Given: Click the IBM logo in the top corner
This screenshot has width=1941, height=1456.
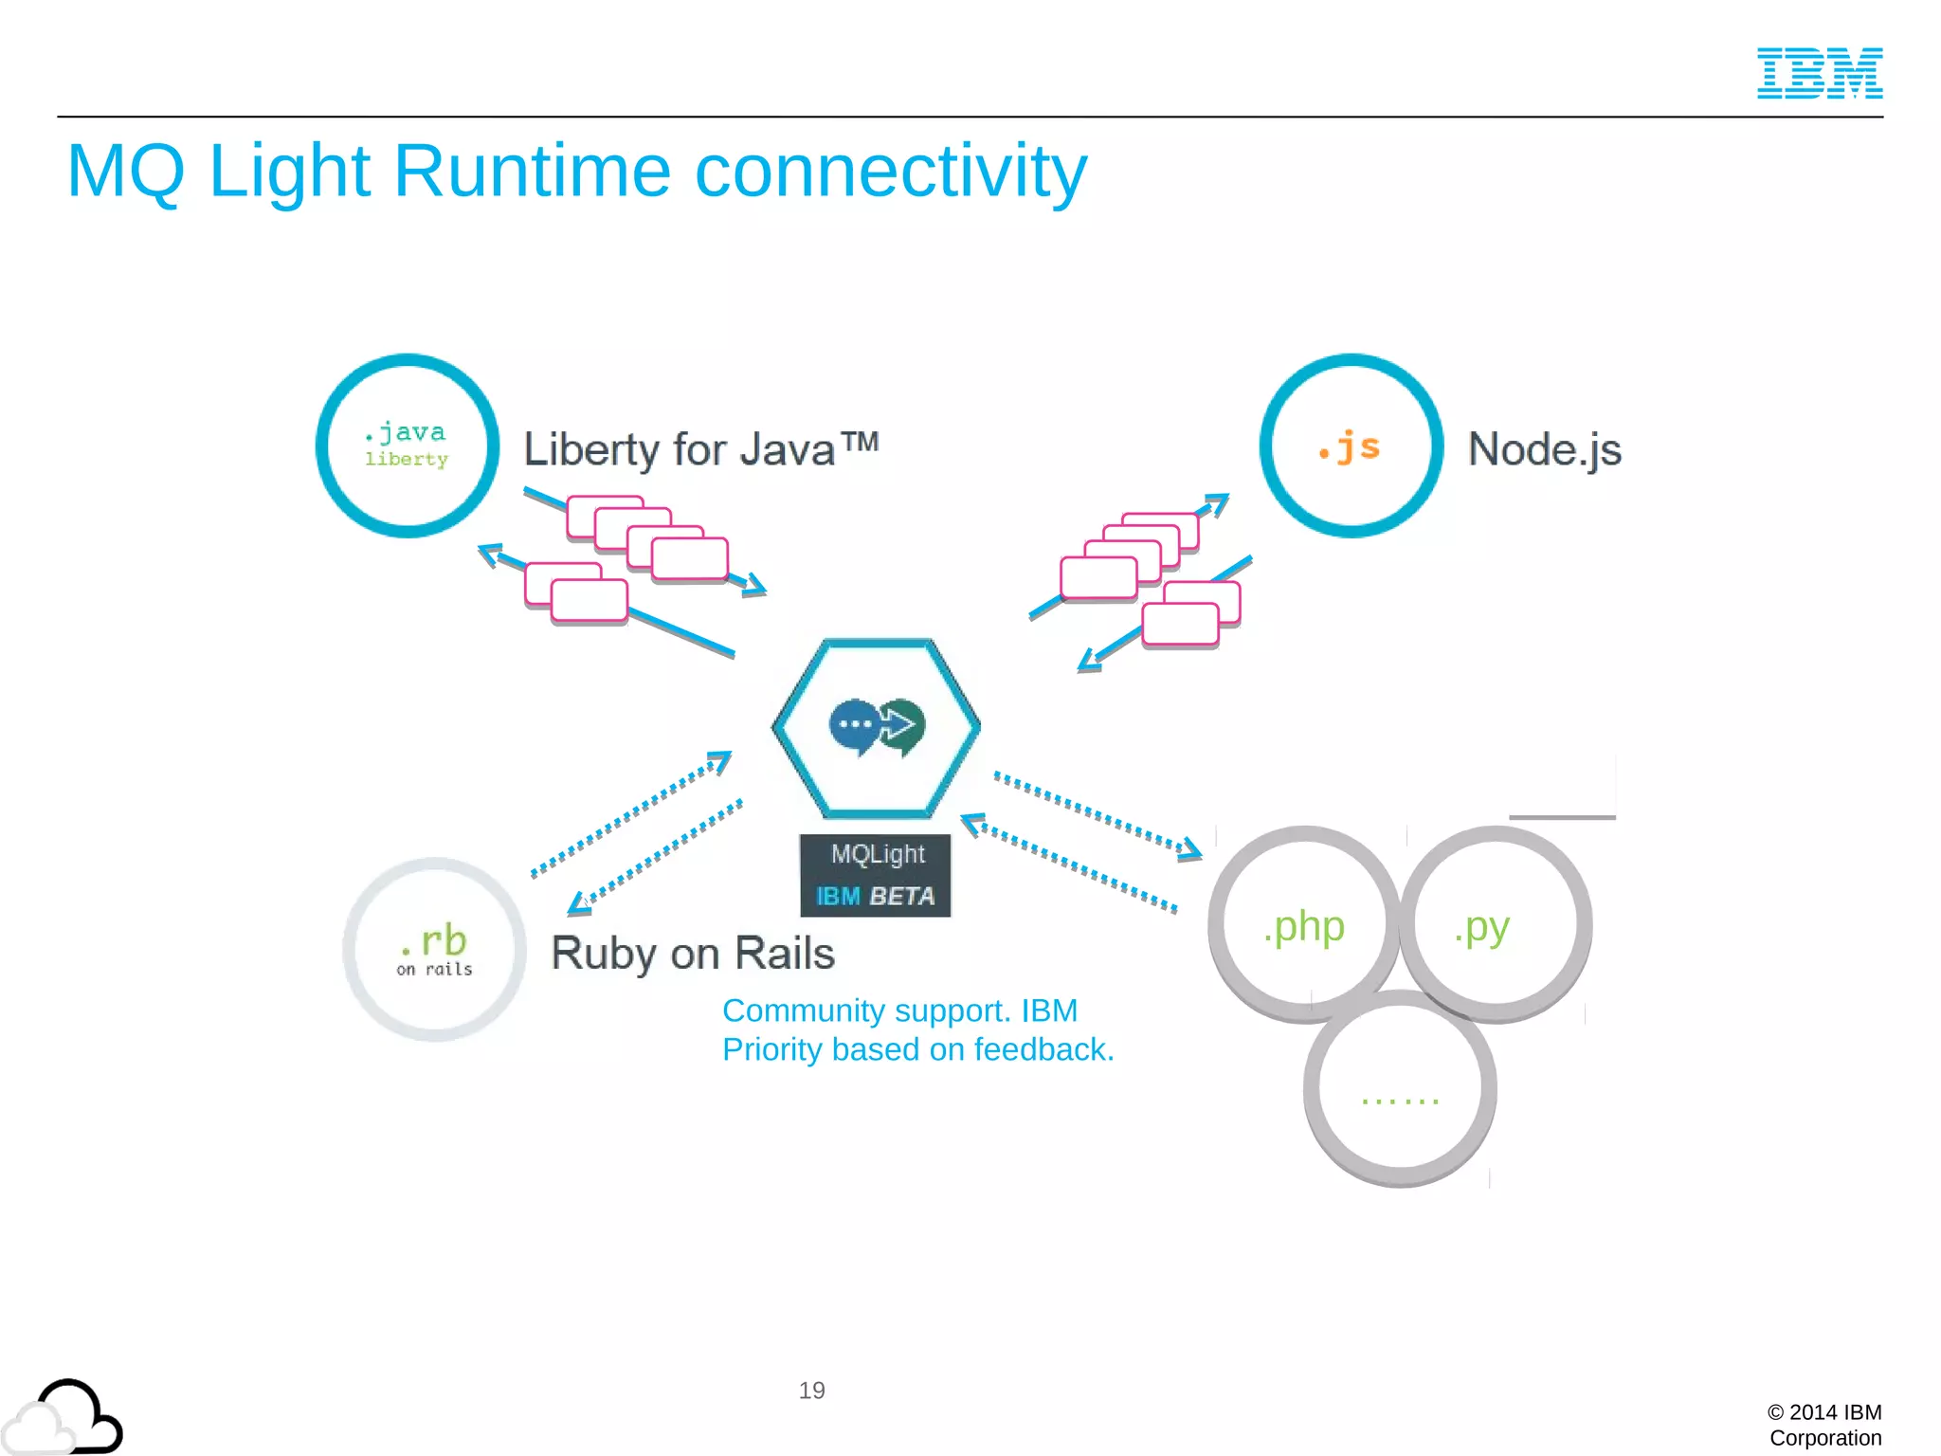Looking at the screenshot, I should coord(1819,73).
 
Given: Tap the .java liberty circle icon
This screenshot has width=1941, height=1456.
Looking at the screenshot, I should coord(408,446).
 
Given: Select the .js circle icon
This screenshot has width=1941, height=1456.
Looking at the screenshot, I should coord(1351,446).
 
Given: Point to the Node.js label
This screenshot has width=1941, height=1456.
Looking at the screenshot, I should coord(1544,449).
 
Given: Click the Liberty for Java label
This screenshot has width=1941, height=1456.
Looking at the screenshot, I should coord(700,449).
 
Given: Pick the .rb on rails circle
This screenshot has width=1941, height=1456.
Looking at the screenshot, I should coord(434,949).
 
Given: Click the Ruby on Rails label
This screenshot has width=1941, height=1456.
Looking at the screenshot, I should coord(693,953).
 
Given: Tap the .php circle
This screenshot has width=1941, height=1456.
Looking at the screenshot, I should coord(1304,925).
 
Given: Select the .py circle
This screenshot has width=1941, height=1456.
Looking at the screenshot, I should coord(1495,925).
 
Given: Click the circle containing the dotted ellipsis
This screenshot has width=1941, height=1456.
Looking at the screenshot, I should coord(1400,1089).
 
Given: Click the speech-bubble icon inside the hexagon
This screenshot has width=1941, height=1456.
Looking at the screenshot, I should coord(876,727).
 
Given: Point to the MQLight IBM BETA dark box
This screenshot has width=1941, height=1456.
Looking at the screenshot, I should coord(875,875).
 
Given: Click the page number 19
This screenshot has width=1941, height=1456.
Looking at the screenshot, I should coord(811,1391).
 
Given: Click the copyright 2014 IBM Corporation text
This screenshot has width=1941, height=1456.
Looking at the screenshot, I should coord(1824,1425).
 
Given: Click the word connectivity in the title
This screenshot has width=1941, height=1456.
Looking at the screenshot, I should coord(891,172).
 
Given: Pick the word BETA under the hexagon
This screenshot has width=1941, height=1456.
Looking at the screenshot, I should coord(901,896).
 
